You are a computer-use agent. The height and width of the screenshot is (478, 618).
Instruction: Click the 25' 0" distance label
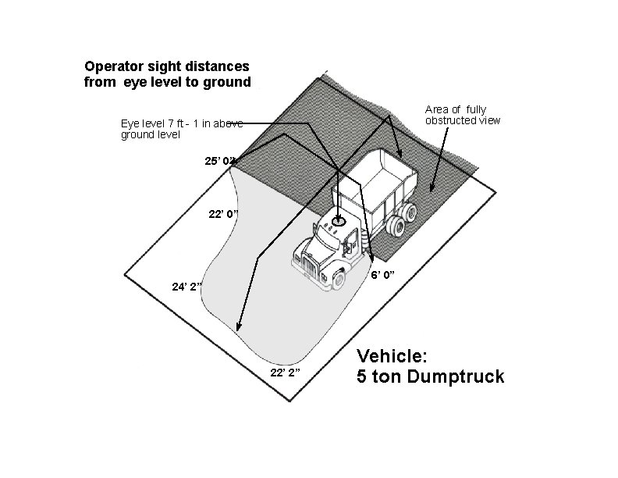tap(218, 161)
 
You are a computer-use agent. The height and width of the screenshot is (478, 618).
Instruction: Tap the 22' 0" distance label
tap(225, 214)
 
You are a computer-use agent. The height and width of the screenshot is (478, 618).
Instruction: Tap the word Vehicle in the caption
tap(392, 356)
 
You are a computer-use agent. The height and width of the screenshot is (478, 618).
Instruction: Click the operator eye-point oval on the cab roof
tap(339, 222)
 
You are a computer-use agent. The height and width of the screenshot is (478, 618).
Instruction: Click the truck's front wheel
tap(339, 280)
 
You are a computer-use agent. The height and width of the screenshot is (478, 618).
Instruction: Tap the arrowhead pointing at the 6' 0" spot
tap(371, 257)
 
